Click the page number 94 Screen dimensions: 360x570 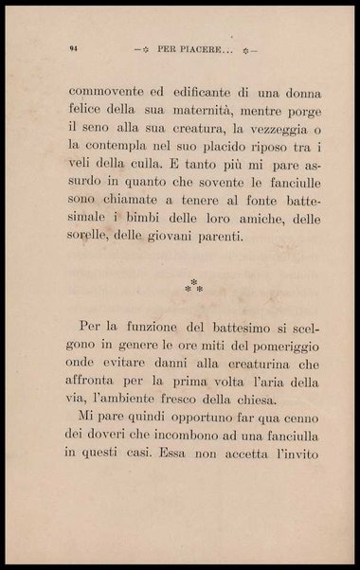[73, 46]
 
